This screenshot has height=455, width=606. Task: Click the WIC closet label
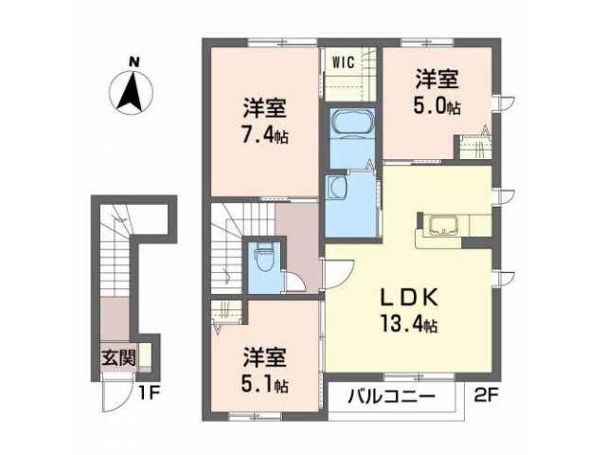click(343, 62)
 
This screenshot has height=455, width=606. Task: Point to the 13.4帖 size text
click(409, 324)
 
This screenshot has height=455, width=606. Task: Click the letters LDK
click(410, 298)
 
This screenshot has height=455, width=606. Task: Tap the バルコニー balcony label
click(391, 396)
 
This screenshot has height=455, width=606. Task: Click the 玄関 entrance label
click(118, 358)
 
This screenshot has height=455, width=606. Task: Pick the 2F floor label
click(486, 395)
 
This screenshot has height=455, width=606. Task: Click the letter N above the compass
click(134, 62)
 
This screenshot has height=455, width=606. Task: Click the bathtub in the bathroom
click(351, 122)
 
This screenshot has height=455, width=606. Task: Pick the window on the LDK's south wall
click(419, 376)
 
